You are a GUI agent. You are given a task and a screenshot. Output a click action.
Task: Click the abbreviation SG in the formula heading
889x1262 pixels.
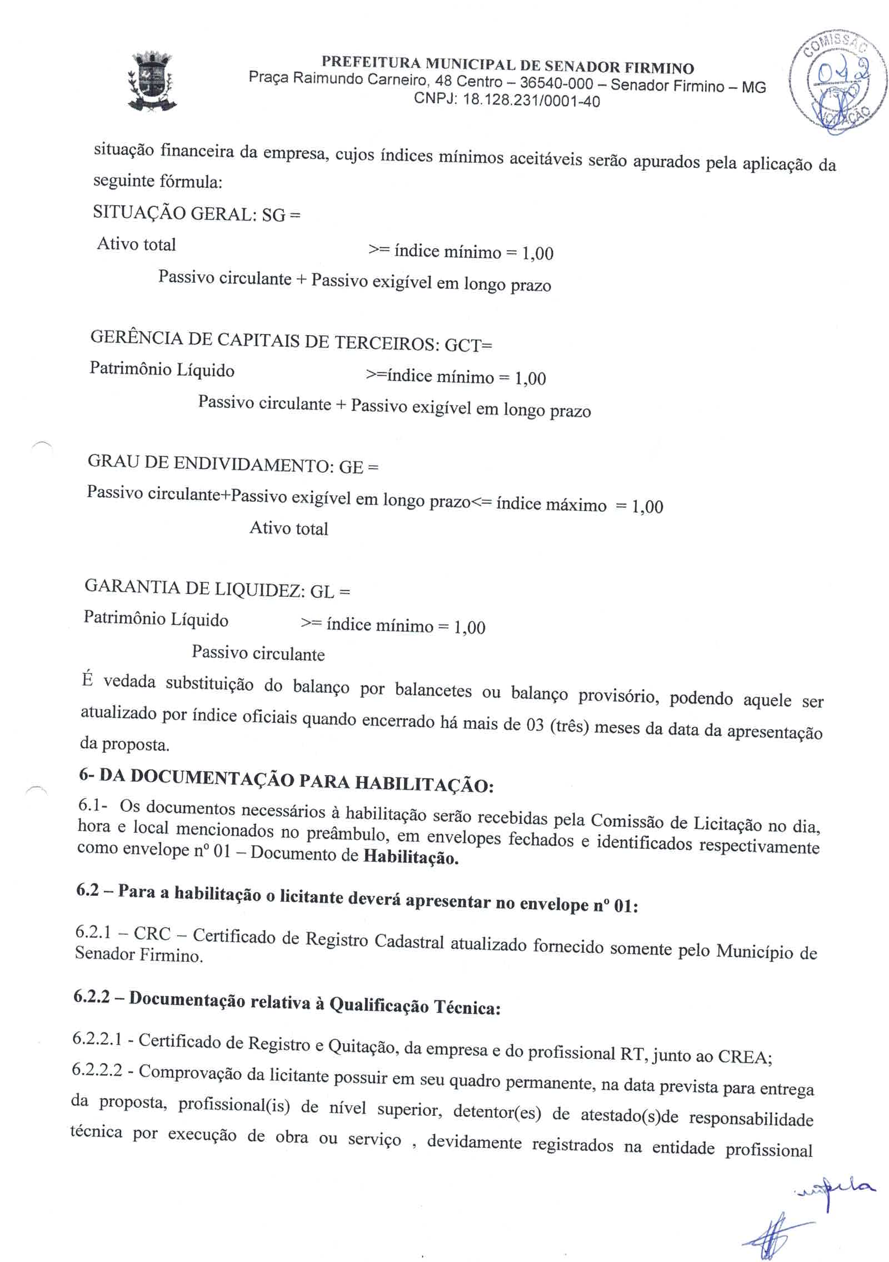coord(273,215)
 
